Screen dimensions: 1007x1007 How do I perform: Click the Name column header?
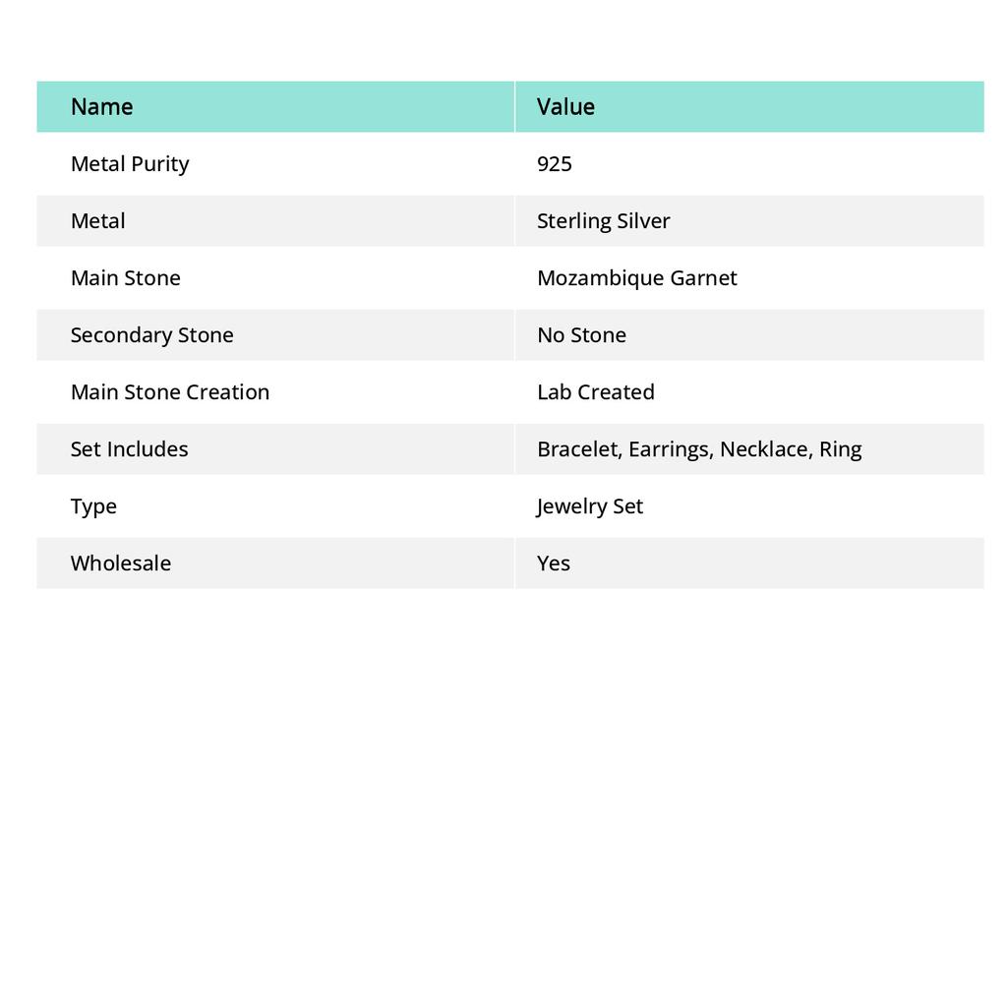click(x=101, y=106)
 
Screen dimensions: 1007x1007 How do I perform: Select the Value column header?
click(x=565, y=106)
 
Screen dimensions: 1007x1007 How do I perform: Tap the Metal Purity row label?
click(x=130, y=163)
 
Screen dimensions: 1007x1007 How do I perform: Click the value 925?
click(x=555, y=163)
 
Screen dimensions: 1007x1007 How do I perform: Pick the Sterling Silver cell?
click(x=603, y=220)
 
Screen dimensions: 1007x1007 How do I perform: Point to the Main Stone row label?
click(x=126, y=277)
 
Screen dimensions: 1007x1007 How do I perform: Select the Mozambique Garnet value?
click(x=636, y=277)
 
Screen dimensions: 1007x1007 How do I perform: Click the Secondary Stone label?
click(x=151, y=334)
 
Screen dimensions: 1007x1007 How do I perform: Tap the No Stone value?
click(x=581, y=334)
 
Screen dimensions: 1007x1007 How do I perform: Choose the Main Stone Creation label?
click(x=170, y=391)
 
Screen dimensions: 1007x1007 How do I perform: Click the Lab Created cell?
click(x=595, y=391)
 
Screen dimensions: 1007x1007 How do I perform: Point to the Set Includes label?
click(x=129, y=448)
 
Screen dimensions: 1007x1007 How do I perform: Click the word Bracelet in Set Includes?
click(x=577, y=448)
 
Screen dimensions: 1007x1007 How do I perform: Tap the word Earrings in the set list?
click(x=670, y=448)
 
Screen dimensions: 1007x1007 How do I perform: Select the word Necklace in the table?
click(x=764, y=448)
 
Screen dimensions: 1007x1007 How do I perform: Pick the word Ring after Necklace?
click(x=840, y=448)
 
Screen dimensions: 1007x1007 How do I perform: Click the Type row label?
click(x=93, y=505)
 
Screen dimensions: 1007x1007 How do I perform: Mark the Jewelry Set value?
click(x=589, y=505)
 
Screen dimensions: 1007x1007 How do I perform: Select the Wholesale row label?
click(x=121, y=563)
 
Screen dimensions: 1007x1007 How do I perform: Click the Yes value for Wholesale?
click(x=554, y=563)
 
